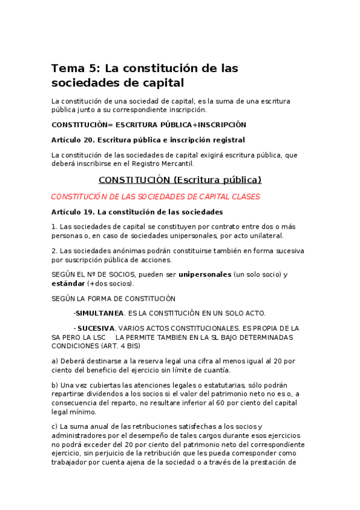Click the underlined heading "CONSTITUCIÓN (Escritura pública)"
click(x=180, y=180)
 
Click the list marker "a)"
click(x=55, y=360)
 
